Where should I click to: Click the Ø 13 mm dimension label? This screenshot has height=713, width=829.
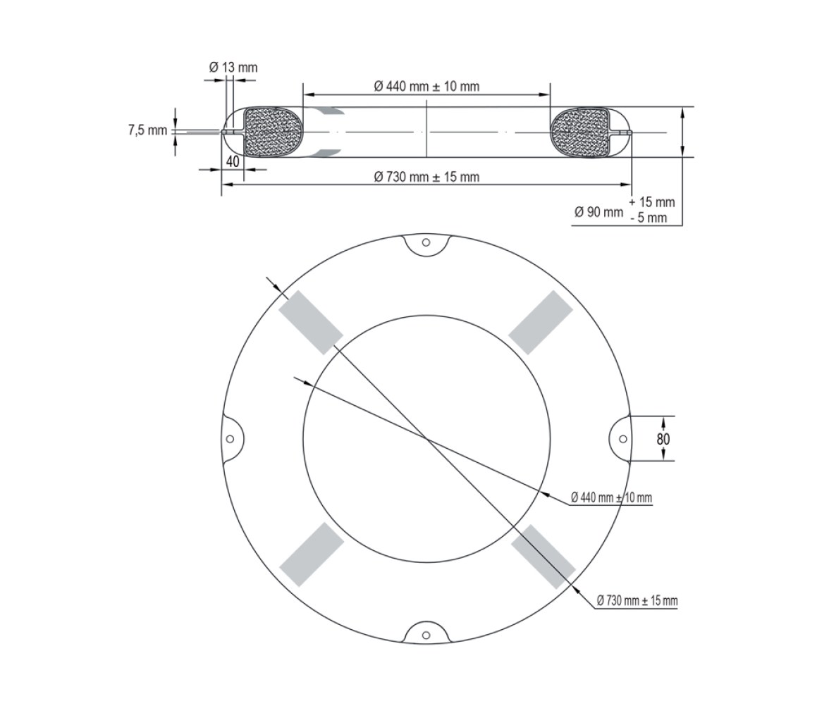(x=233, y=68)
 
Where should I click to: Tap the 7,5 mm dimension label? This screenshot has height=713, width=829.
(x=147, y=130)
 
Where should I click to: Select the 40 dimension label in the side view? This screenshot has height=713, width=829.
(x=233, y=162)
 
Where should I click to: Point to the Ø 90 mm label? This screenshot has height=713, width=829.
(x=599, y=213)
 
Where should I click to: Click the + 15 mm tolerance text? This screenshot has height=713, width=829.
(x=652, y=202)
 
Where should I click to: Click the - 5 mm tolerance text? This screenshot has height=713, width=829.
(x=649, y=217)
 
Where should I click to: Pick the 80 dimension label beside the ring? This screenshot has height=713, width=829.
(x=663, y=439)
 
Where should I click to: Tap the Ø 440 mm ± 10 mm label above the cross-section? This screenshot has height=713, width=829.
(x=426, y=86)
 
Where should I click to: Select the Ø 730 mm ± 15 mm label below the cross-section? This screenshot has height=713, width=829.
(x=426, y=177)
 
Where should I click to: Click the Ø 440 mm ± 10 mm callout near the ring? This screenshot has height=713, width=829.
(x=612, y=497)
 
